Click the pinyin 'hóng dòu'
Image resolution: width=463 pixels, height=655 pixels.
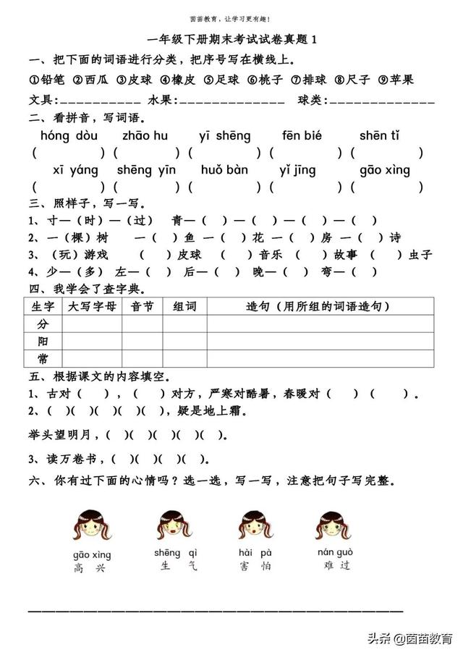point(69,135)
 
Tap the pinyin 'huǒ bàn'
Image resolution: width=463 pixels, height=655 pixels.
point(224,171)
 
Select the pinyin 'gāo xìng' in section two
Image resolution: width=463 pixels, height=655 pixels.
point(385,171)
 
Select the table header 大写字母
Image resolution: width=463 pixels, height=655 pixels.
point(91,307)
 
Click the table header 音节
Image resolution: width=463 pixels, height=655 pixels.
point(142,307)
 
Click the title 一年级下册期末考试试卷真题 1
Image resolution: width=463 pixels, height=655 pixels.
point(231,41)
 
